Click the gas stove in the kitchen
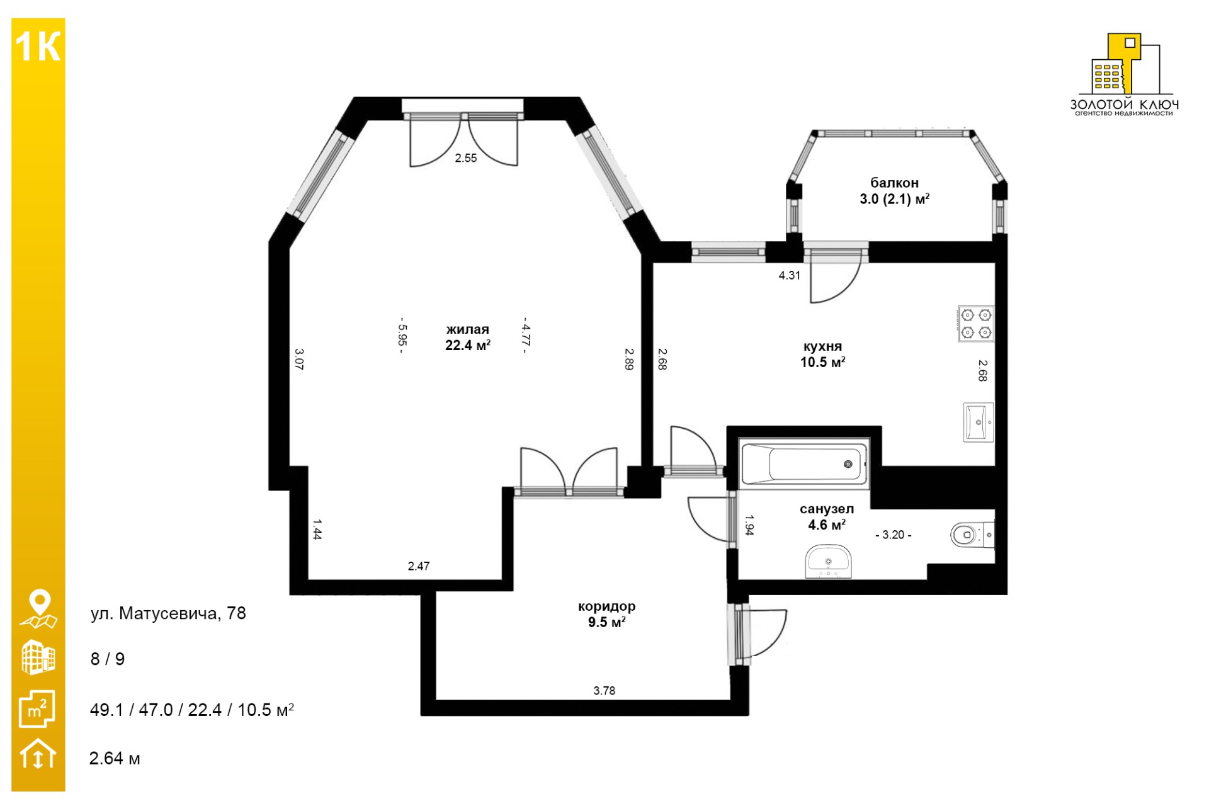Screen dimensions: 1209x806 coord(976,324)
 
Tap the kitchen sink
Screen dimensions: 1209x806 coord(979,422)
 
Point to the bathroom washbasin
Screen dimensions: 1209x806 coord(828,561)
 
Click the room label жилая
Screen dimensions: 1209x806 coord(468,329)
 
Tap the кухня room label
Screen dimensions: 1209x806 coord(822,346)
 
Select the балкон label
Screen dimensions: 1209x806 coord(894,183)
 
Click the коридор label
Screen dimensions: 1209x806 coord(607,606)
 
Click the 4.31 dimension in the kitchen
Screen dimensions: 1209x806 coord(790,275)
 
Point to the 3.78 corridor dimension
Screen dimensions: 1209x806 coord(604,691)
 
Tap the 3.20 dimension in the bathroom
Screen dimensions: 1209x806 coord(894,535)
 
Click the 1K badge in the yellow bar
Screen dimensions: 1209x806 coord(38,47)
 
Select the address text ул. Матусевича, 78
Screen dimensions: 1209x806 coord(168,613)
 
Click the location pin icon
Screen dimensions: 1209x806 coord(39,609)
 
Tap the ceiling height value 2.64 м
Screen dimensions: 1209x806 coord(115,758)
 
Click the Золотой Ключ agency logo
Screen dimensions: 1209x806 coord(1125,74)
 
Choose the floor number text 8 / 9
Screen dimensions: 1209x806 coord(108,659)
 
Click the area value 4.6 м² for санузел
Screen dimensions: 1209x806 coord(827,525)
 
